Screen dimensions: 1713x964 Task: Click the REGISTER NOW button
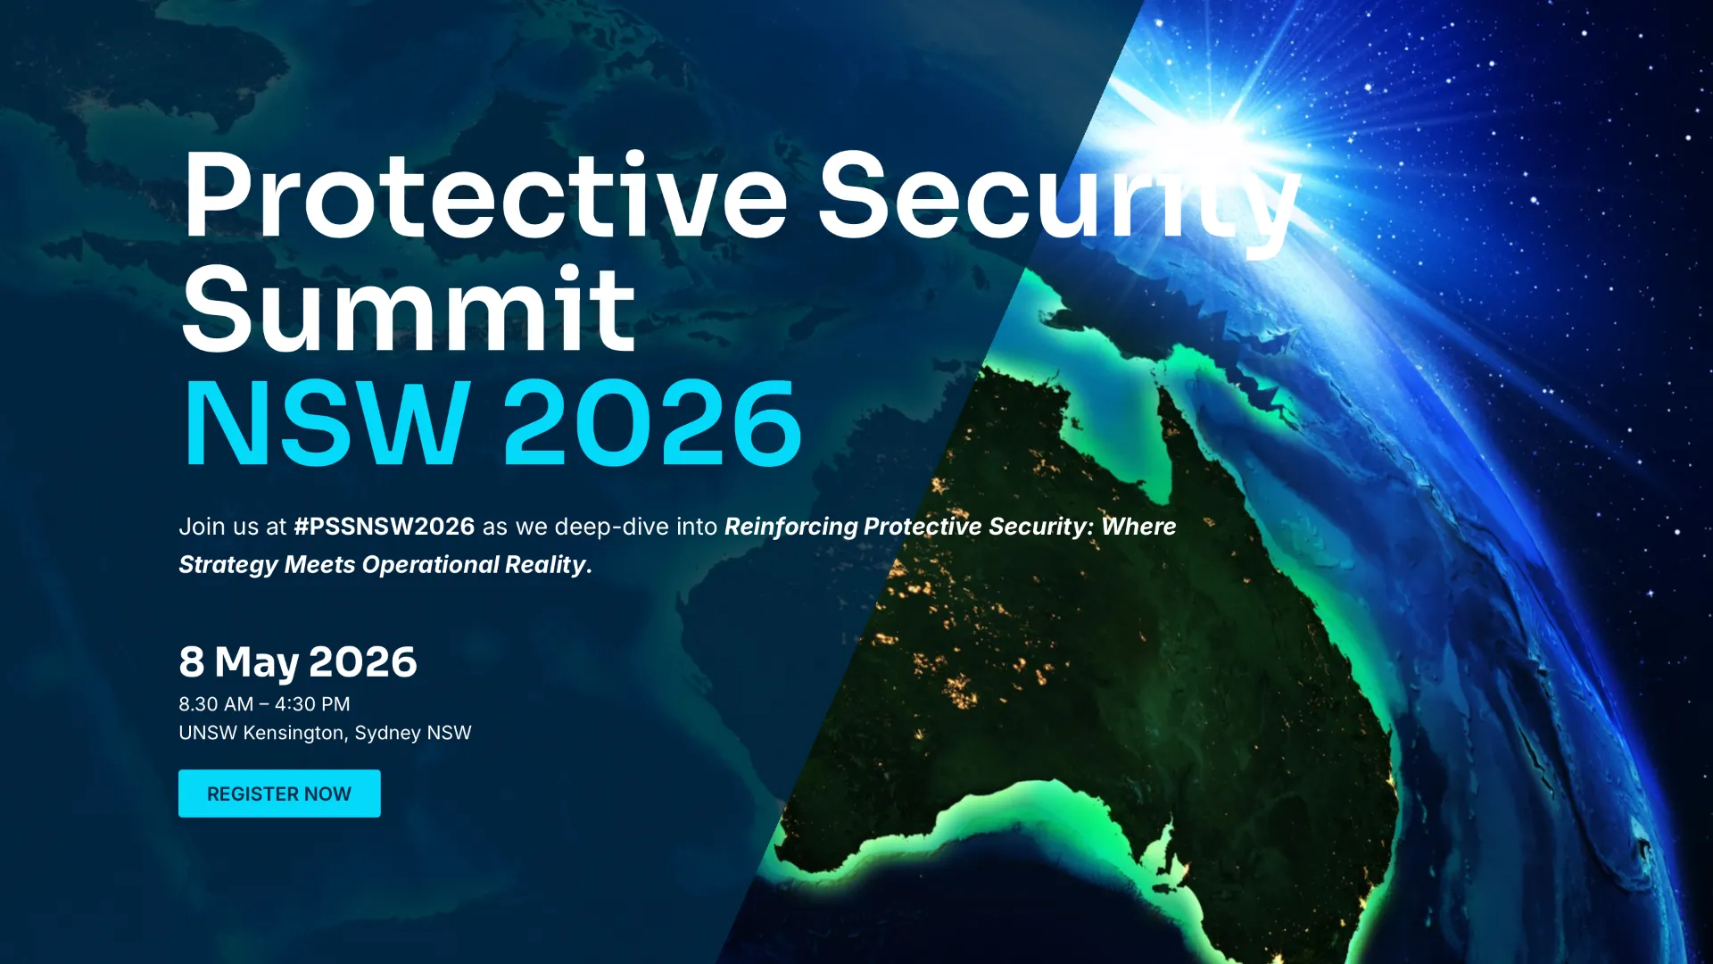pos(279,794)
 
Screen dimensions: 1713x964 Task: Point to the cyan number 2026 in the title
pos(653,422)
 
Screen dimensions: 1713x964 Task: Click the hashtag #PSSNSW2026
pos(385,527)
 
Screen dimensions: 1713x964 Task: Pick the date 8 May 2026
pos(298,661)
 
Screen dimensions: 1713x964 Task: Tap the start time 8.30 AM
pos(216,704)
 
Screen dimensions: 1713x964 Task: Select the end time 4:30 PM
pos(312,704)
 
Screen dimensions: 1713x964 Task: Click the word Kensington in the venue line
pos(294,733)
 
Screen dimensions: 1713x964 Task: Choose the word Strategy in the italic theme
pos(228,565)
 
